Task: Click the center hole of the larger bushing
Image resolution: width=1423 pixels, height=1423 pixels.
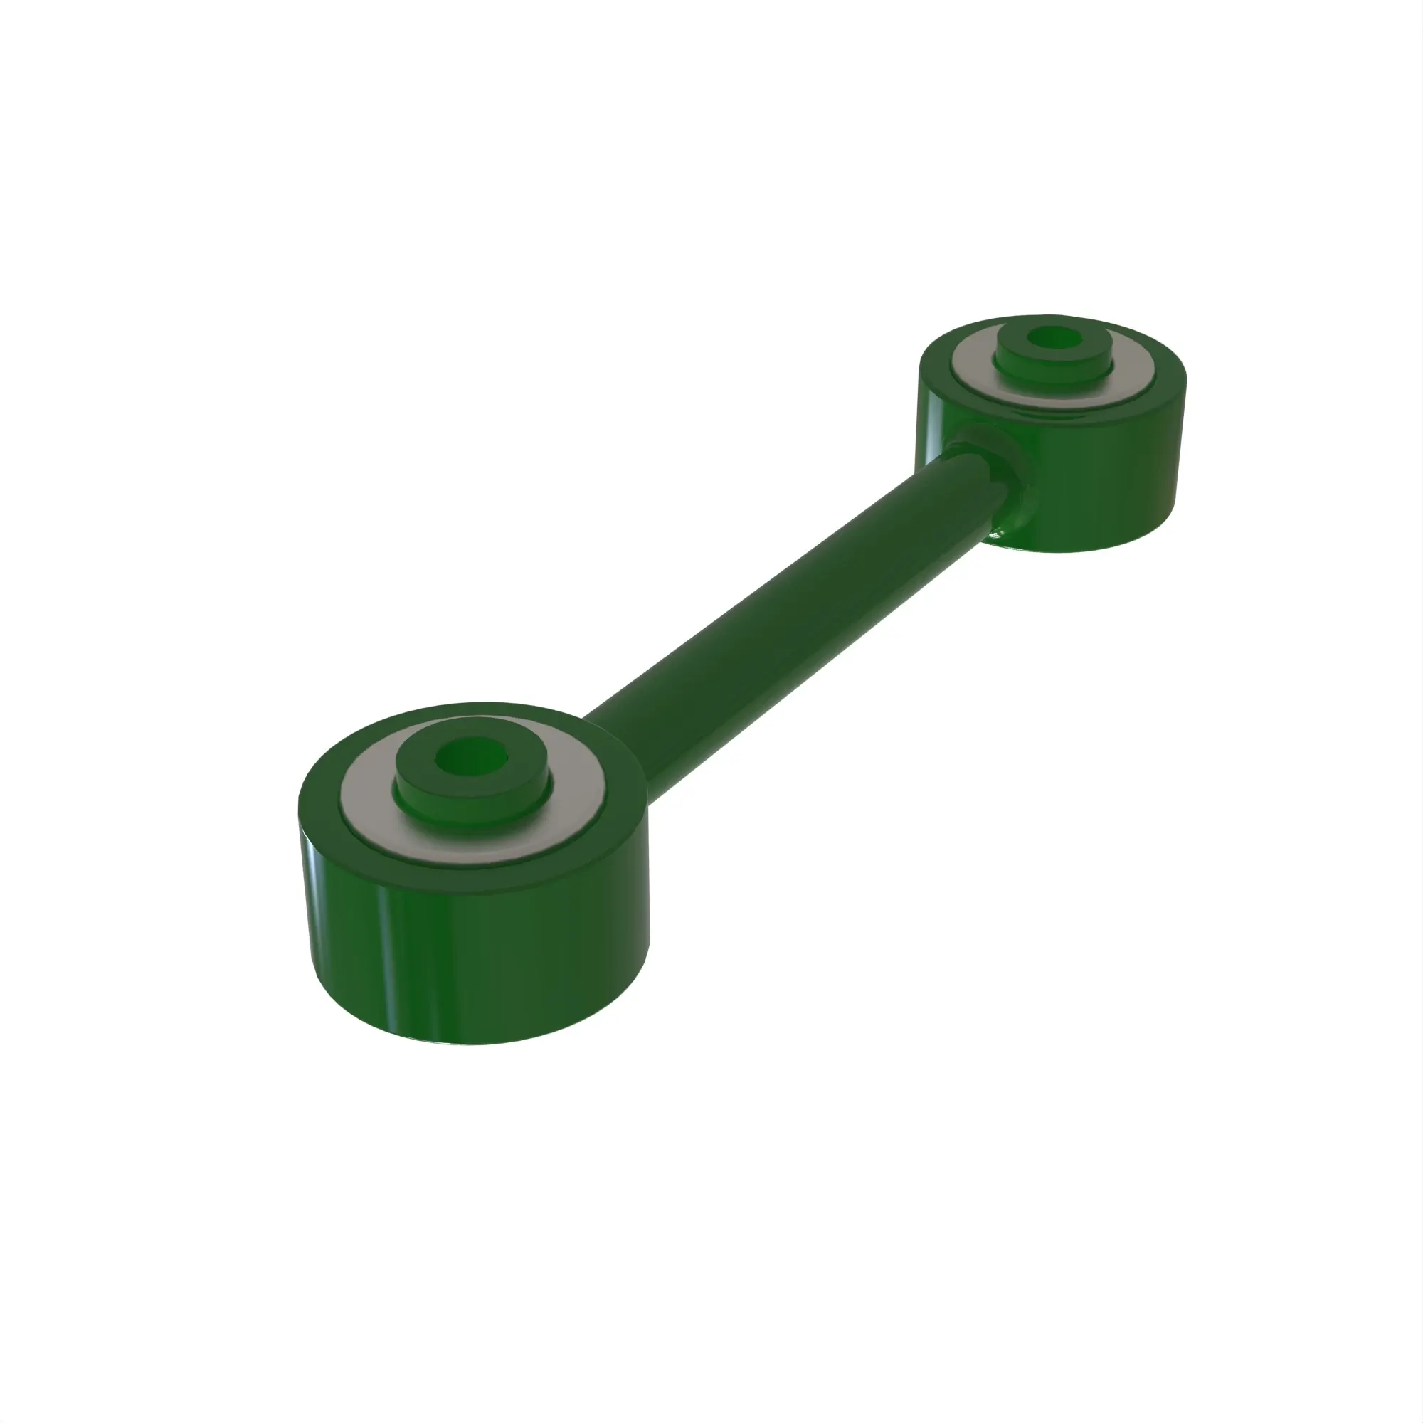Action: click(x=472, y=758)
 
